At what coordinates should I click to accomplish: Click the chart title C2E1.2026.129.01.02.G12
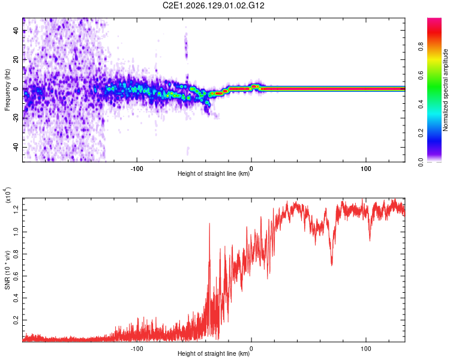[x=213, y=5]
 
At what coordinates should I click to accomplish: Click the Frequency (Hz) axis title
[x=7, y=89]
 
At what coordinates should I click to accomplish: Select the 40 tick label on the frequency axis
[x=16, y=30]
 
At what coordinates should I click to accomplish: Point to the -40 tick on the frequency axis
[x=16, y=148]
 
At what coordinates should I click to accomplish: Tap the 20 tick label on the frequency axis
[x=16, y=59]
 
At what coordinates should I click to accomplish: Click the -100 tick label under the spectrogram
[x=137, y=169]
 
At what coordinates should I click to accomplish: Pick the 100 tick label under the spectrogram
[x=366, y=169]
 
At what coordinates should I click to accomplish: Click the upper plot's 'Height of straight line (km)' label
[x=214, y=173]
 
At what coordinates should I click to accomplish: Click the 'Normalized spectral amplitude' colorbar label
[x=445, y=90]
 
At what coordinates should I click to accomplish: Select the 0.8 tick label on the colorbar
[x=421, y=46]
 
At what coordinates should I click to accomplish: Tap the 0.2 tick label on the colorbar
[x=421, y=133]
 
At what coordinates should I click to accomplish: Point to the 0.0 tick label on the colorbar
[x=421, y=162]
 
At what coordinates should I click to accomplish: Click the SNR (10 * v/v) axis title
[x=7, y=270]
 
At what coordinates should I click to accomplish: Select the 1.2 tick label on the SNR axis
[x=16, y=210]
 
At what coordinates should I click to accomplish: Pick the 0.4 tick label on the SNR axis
[x=16, y=298]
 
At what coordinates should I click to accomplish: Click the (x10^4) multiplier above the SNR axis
[x=8, y=195]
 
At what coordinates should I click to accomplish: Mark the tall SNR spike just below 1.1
[x=209, y=224]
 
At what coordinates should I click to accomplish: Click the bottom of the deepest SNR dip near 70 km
[x=332, y=265]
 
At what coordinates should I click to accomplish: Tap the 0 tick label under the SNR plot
[x=251, y=349]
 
